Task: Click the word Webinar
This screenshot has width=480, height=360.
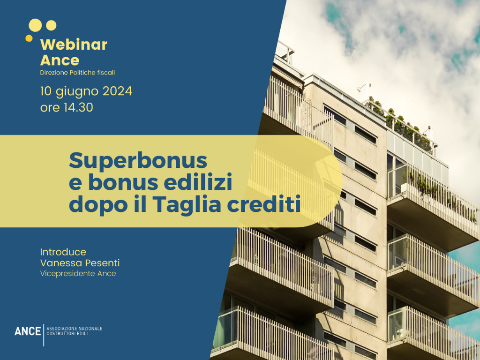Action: point(74,45)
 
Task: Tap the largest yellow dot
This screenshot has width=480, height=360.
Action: point(35,25)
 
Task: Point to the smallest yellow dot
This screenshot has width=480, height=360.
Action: point(29,38)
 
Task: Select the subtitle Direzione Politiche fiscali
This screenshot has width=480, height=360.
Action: point(77,73)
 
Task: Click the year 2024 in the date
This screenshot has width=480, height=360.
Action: point(117,91)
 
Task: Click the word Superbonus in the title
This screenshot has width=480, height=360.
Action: point(138,161)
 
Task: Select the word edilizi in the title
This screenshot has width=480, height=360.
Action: point(198,182)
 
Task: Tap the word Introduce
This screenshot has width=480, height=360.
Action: point(63,252)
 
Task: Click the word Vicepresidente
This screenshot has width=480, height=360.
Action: point(67,273)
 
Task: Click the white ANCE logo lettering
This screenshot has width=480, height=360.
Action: point(28,331)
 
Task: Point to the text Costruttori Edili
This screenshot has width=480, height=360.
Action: point(67,333)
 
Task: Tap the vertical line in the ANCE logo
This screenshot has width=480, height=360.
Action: point(44,335)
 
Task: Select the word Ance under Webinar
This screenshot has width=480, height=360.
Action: point(60,60)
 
